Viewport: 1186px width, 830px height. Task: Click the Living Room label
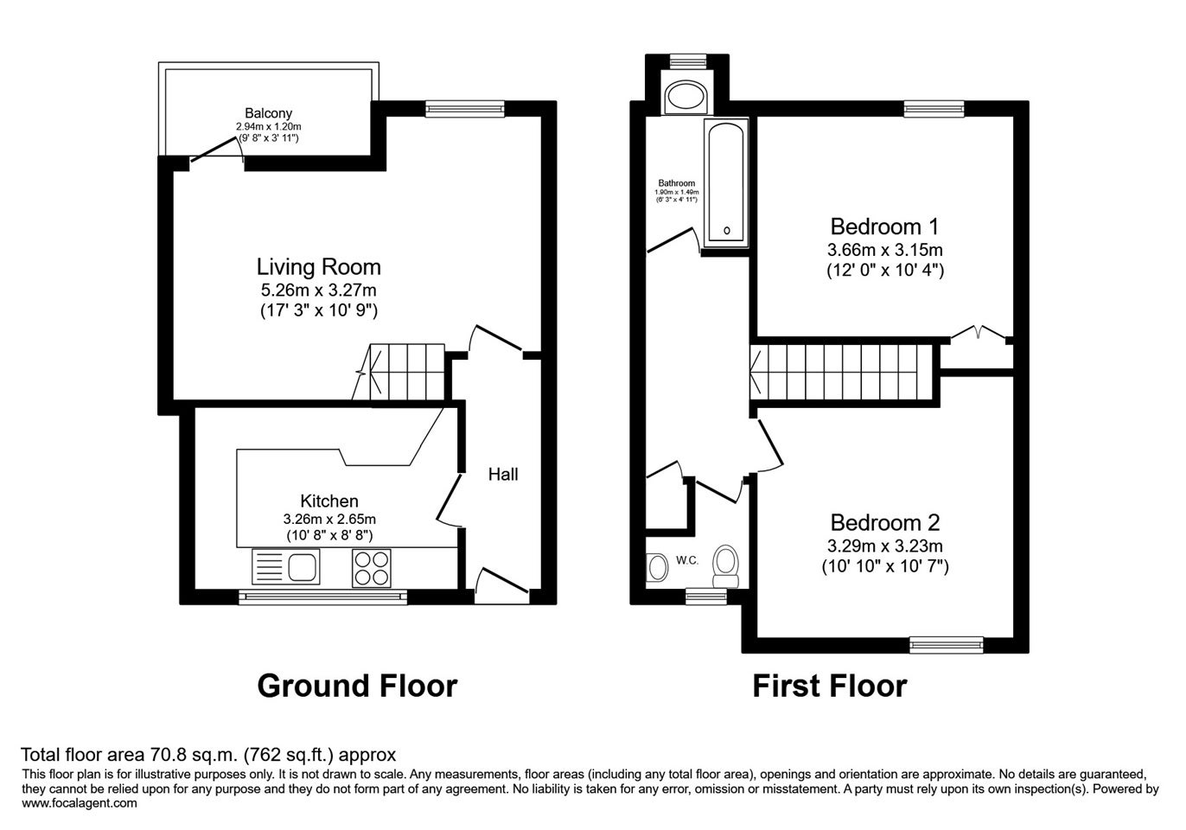point(319,267)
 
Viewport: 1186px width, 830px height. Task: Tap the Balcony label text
point(269,112)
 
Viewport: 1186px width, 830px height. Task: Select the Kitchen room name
point(329,501)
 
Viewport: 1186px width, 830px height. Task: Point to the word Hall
point(503,474)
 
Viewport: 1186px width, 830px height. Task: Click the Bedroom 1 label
point(884,227)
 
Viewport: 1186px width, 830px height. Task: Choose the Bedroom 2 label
point(885,523)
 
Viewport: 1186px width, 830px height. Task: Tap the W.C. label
point(687,560)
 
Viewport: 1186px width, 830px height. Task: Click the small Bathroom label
point(677,182)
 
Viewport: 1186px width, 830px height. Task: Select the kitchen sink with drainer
point(286,567)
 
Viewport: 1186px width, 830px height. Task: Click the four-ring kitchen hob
point(372,568)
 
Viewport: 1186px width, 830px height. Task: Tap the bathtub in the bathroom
point(726,182)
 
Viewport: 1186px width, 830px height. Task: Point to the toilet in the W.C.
point(725,566)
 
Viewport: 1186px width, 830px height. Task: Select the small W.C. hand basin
point(657,567)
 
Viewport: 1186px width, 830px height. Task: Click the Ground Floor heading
point(357,686)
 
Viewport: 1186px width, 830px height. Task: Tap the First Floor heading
point(830,686)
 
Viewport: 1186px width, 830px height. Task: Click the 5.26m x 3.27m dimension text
point(319,290)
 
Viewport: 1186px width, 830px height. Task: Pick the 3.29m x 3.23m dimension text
point(885,546)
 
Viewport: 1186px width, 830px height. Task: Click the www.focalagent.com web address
point(80,803)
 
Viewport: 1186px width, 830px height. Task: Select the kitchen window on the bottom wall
point(323,597)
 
